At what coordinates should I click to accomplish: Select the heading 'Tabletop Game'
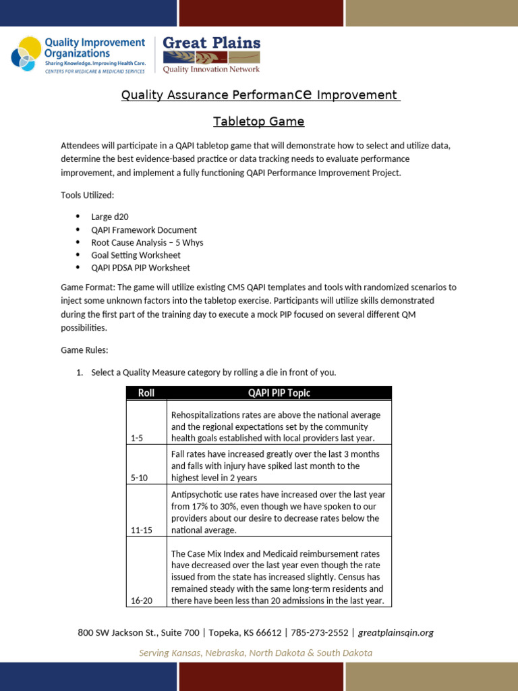click(259, 121)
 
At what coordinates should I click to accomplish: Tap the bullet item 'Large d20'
click(110, 217)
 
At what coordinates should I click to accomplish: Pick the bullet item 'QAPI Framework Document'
click(144, 229)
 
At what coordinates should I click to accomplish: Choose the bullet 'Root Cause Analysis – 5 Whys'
click(147, 242)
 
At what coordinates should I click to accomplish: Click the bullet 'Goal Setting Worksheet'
click(136, 255)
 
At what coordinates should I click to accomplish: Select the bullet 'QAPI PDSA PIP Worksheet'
click(140, 268)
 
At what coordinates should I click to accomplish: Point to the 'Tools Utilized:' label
click(88, 195)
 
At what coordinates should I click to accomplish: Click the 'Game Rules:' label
click(84, 350)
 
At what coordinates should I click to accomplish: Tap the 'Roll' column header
click(146, 393)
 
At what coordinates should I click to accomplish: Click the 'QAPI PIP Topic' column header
click(279, 393)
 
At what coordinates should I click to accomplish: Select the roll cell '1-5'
click(137, 438)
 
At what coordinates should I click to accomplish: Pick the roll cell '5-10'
click(139, 478)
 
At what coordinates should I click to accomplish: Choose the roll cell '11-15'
click(141, 530)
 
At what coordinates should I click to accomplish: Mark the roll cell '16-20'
click(141, 600)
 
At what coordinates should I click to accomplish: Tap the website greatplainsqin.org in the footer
click(395, 632)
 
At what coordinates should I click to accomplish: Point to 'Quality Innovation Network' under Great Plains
click(212, 68)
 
